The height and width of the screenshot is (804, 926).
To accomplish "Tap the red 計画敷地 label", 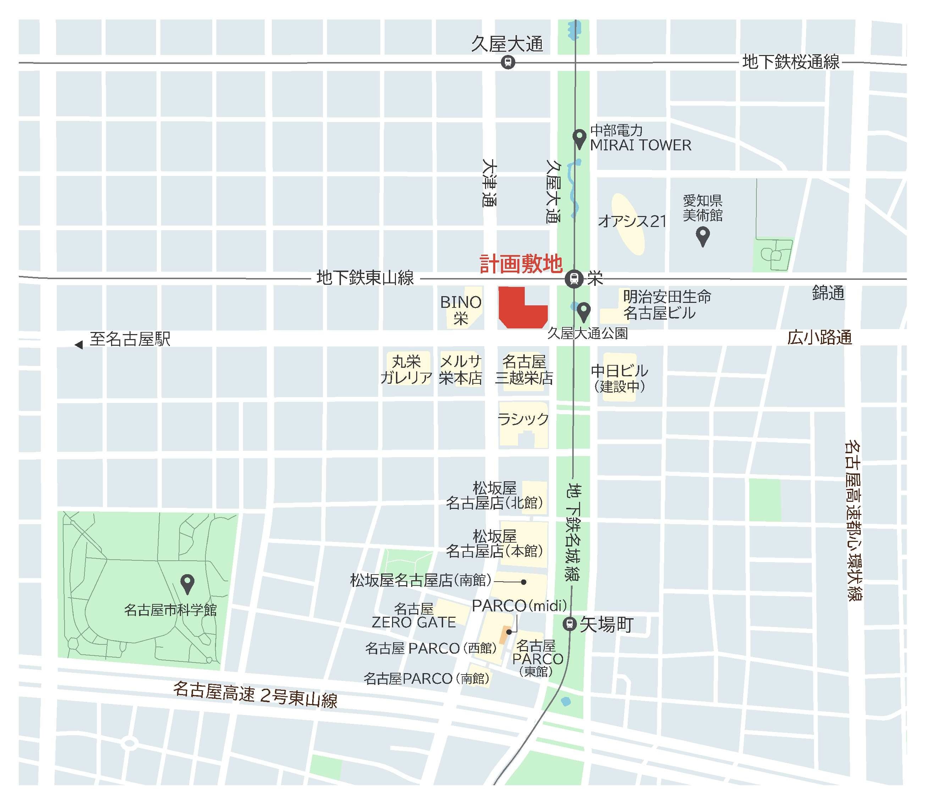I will click(521, 264).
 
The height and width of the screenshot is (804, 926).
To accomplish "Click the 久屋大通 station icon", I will click(508, 62).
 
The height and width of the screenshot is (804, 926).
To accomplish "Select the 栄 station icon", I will click(574, 279).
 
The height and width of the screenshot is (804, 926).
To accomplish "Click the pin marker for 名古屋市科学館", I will click(187, 583).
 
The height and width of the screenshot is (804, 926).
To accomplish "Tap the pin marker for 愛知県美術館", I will click(702, 235).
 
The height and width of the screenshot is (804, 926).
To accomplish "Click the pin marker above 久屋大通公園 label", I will click(584, 311).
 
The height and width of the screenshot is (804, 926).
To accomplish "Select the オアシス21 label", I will click(632, 221).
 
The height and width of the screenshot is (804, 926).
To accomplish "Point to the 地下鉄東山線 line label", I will click(365, 278).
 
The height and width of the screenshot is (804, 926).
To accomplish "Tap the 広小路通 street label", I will click(820, 337).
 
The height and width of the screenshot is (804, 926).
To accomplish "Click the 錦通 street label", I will click(828, 293).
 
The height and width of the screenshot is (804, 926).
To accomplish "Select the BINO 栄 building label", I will click(461, 310).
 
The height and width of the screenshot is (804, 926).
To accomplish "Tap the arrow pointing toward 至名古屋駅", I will click(79, 345).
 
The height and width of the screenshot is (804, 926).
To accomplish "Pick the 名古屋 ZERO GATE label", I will click(413, 616).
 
